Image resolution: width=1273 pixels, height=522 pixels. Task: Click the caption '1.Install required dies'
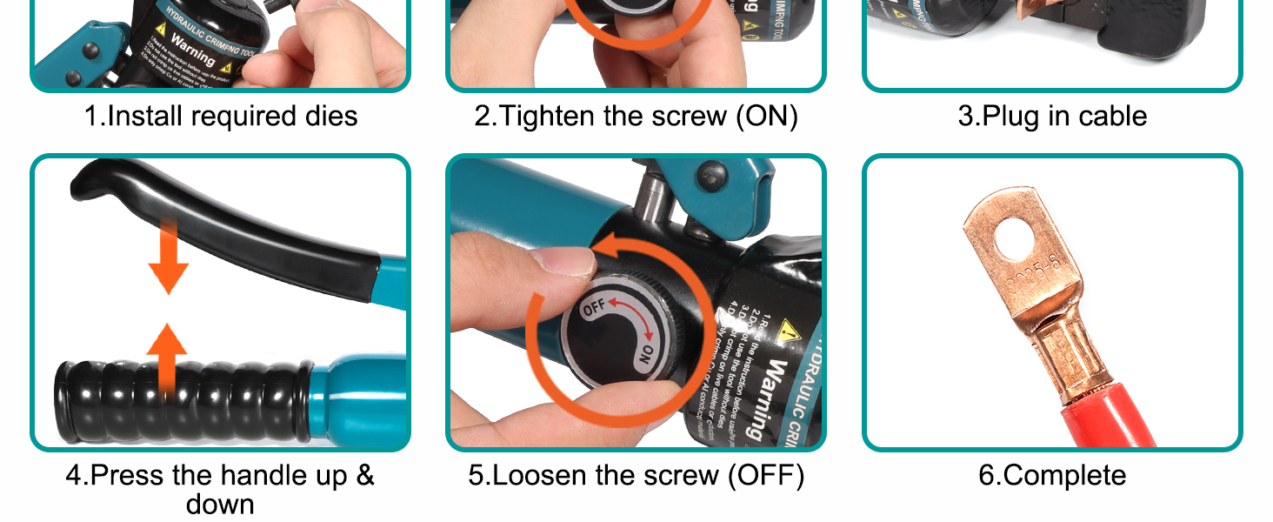[220, 116]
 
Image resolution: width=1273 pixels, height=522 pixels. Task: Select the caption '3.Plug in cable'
[1052, 116]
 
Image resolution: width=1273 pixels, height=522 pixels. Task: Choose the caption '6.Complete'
[1052, 475]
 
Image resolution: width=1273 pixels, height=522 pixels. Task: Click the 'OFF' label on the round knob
[594, 308]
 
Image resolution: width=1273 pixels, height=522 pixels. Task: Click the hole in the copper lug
[1018, 239]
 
